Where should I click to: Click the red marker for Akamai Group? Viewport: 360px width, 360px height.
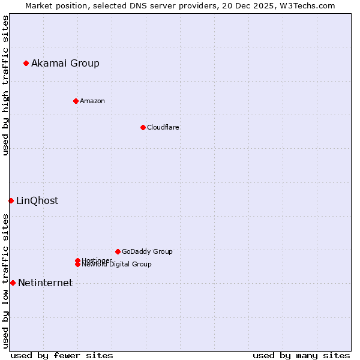click(x=26, y=63)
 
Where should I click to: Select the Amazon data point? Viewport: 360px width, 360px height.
click(x=76, y=101)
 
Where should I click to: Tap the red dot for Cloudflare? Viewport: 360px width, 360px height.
click(x=143, y=127)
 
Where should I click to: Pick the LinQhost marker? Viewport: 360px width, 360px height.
click(x=11, y=200)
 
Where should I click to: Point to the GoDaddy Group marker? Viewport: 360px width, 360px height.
click(x=118, y=251)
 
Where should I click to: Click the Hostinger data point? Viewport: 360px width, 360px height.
click(x=77, y=260)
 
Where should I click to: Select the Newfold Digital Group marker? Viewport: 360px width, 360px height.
click(x=77, y=265)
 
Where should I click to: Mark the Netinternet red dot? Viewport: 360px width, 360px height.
click(x=13, y=283)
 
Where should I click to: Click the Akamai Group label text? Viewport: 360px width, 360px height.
click(x=65, y=64)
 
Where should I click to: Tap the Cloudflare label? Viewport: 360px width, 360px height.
click(x=163, y=128)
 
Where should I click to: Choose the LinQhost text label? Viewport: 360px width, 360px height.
click(x=37, y=201)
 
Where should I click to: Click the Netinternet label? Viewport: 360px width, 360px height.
click(x=45, y=283)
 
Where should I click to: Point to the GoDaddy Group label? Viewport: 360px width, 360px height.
click(x=147, y=252)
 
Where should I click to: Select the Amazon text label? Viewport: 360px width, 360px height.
click(x=92, y=101)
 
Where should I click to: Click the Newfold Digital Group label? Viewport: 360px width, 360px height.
click(x=117, y=265)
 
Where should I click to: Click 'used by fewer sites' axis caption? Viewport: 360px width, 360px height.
click(x=62, y=355)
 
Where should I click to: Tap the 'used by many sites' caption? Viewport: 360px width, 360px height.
click(x=301, y=355)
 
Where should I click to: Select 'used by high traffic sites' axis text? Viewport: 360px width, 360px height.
click(x=5, y=85)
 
